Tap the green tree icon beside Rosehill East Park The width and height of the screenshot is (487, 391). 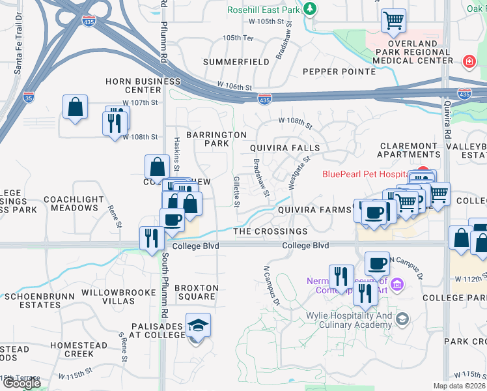click(x=311, y=8)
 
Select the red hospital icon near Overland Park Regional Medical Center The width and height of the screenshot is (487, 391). click(x=467, y=61)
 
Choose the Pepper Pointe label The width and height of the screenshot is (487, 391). click(x=331, y=71)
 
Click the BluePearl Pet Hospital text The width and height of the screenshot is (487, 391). click(x=365, y=174)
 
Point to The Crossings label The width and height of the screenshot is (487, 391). click(x=270, y=231)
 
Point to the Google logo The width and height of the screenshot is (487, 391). click(x=21, y=383)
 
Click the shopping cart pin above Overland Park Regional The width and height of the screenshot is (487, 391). click(x=393, y=21)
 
